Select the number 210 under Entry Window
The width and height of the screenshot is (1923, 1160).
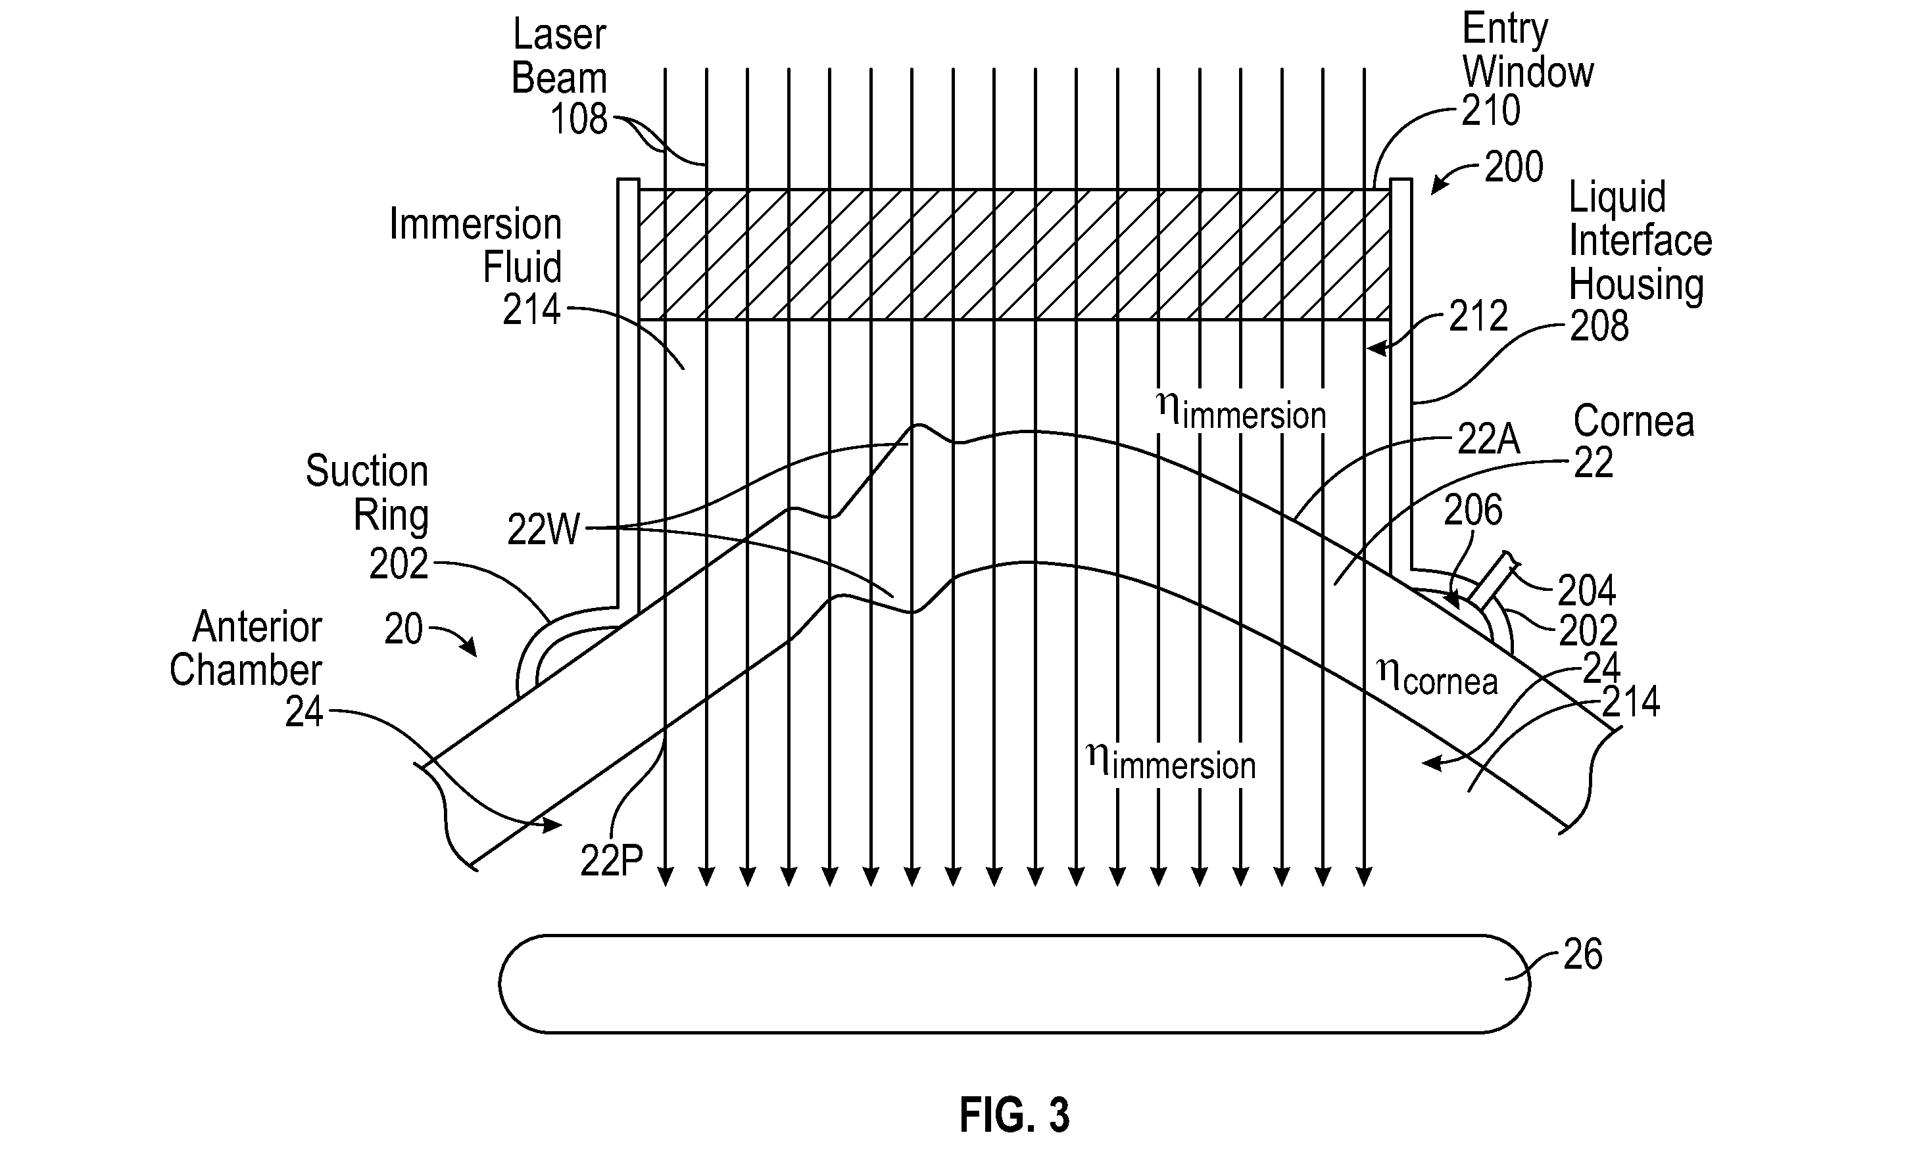[x=1491, y=110]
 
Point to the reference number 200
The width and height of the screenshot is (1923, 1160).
[x=1513, y=167]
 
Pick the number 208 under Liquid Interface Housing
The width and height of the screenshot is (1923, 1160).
[x=1599, y=325]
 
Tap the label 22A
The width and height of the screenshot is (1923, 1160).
[x=1489, y=439]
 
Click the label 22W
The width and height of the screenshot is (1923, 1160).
[x=544, y=530]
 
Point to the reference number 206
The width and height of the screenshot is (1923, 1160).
[x=1473, y=510]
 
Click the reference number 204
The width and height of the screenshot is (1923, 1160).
[x=1587, y=591]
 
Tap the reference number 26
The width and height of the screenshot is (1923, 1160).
[x=1583, y=954]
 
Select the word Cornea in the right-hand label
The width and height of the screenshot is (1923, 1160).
[x=1634, y=421]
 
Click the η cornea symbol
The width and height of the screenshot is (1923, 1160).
[x=1437, y=676]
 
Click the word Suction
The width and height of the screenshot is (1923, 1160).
[x=367, y=471]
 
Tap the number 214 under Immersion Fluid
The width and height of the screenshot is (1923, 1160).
[x=531, y=310]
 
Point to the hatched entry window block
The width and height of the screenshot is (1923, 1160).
[x=1014, y=254]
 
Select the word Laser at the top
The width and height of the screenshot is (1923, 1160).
[x=559, y=35]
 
